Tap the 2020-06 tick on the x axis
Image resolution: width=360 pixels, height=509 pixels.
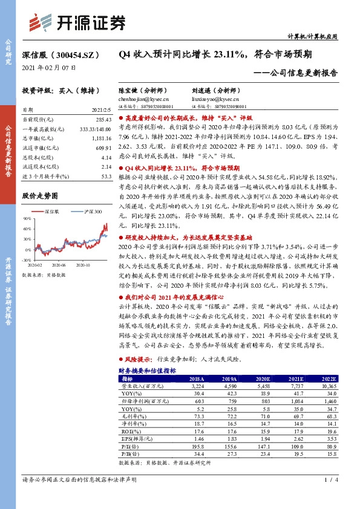59,264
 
